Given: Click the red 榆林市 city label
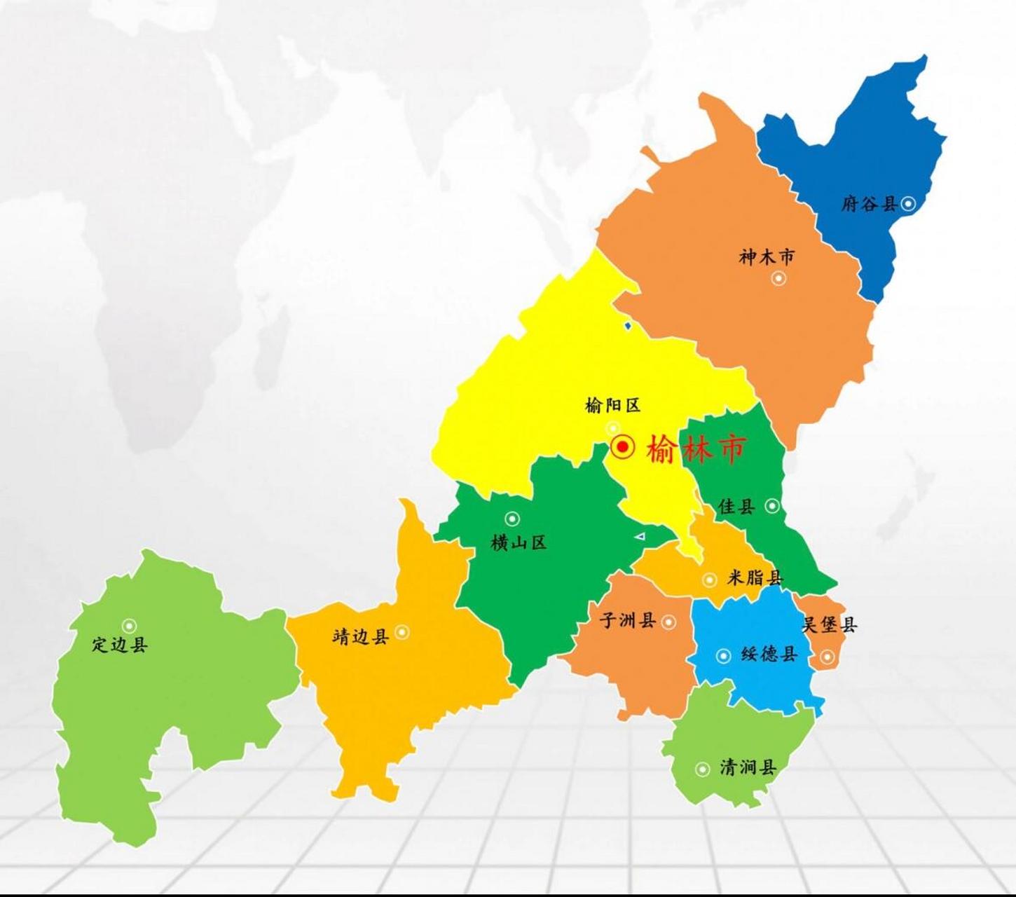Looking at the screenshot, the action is (695, 448).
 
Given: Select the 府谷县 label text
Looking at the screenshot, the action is (869, 204).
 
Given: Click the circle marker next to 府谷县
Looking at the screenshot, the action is (908, 204).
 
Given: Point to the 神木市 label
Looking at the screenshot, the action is (767, 257).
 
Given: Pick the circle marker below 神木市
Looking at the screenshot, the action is (778, 278).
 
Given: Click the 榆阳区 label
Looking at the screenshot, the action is (612, 405).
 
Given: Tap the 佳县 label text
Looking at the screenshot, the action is (736, 506).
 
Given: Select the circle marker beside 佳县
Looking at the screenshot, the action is (771, 505).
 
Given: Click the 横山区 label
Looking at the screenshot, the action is (519, 542).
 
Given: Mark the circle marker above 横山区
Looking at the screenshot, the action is (512, 519).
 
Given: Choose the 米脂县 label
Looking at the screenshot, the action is (754, 577).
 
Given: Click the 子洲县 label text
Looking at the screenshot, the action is (628, 619).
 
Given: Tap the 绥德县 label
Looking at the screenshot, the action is (769, 655).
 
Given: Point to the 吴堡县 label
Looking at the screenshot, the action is (829, 624).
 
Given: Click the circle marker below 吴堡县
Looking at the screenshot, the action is (827, 657).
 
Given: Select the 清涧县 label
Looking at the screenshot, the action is (748, 767).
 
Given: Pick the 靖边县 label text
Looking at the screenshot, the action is (360, 636).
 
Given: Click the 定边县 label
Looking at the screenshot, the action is (119, 644).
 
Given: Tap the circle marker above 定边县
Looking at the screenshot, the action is (129, 626).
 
